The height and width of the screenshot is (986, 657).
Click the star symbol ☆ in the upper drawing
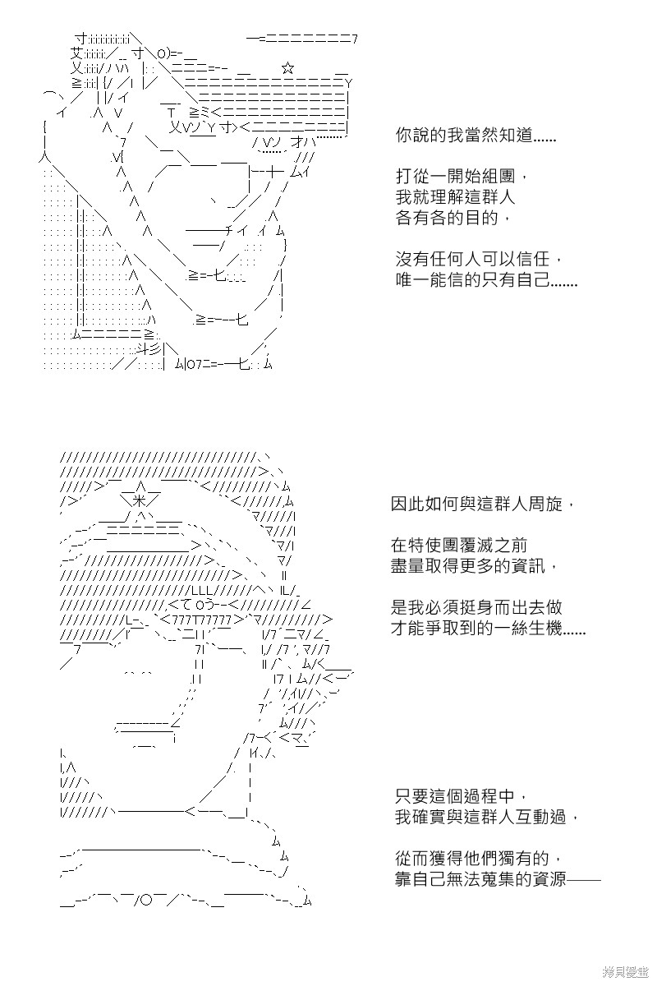(x=287, y=67)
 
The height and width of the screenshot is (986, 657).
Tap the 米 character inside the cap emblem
(x=139, y=500)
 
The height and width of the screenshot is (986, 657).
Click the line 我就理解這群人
(x=456, y=196)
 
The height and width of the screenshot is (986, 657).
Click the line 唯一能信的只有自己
(x=487, y=279)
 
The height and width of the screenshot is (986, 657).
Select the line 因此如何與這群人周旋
(x=483, y=504)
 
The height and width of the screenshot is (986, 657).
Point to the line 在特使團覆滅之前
(x=459, y=546)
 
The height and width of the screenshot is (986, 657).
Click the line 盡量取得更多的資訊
(x=475, y=565)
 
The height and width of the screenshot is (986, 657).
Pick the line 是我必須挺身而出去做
(x=476, y=607)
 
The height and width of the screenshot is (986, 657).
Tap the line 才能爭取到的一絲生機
(x=489, y=628)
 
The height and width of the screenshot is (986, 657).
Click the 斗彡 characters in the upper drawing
(x=149, y=349)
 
